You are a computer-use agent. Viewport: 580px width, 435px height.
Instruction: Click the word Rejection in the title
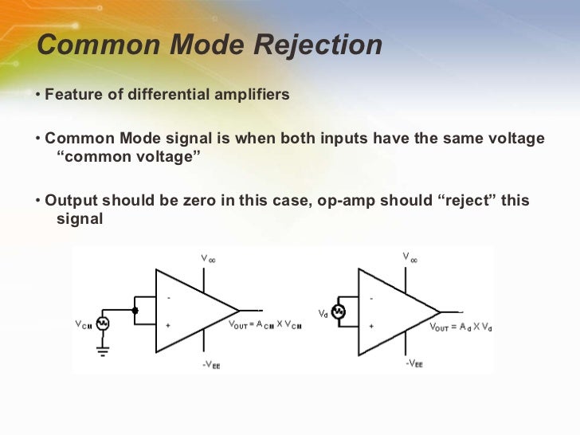pos(318,45)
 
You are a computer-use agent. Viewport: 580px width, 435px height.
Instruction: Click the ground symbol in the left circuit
pos(102,350)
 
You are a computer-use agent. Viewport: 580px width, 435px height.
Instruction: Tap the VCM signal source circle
pos(102,324)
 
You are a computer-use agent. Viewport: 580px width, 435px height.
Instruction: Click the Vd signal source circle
pos(338,312)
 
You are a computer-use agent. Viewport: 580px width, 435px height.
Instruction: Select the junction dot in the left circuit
pos(135,311)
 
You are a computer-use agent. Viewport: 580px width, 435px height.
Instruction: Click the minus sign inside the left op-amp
pos(168,297)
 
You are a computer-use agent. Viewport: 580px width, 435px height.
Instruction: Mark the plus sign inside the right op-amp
pos(370,325)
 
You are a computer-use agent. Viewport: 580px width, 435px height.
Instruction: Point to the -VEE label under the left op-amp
pos(211,364)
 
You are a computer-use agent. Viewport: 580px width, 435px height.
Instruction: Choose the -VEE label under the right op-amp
pos(413,363)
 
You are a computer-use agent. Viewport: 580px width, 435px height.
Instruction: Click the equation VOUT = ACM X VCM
pos(265,325)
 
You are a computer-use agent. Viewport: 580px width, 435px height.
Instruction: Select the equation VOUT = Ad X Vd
pos(461,326)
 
